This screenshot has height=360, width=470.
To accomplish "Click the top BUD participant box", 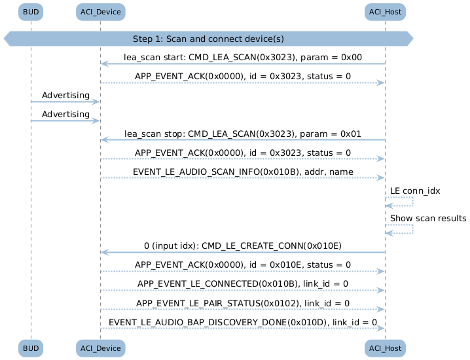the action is (x=31, y=12).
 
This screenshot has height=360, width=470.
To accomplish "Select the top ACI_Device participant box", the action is (x=100, y=12).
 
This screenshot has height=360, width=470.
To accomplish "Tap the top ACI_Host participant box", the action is (x=385, y=12).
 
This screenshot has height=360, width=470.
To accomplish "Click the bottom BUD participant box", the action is (x=31, y=348).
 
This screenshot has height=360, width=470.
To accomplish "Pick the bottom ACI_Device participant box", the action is (x=100, y=348).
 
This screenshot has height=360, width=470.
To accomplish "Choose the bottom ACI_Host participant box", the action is (x=385, y=348).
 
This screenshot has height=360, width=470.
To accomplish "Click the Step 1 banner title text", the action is (x=208, y=39).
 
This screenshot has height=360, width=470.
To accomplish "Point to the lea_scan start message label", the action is (x=243, y=57).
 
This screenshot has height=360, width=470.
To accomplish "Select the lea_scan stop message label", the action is (x=243, y=134).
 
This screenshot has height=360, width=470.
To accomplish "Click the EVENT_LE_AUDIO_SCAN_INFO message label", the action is (x=243, y=171).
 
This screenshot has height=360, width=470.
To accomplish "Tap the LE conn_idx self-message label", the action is (x=415, y=191).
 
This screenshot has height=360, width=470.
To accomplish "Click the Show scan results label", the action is (x=428, y=218).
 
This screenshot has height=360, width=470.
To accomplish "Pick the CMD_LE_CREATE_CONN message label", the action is (x=243, y=246).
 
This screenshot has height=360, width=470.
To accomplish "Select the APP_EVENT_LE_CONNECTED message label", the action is (x=243, y=283).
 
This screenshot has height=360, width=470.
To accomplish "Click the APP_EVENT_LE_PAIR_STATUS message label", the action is (x=243, y=303).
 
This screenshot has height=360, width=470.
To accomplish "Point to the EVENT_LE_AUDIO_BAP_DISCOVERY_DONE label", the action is (x=243, y=322).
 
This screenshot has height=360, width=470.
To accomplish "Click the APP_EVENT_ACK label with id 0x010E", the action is (x=243, y=264).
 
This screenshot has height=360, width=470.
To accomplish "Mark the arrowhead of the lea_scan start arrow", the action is (x=104, y=63).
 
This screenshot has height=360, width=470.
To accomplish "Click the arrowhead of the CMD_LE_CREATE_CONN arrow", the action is (x=104, y=253).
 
